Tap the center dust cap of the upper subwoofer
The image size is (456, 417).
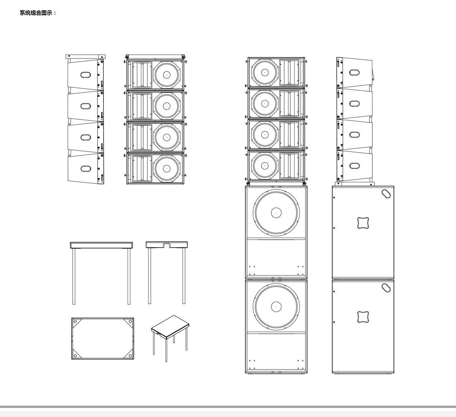click(x=276, y=213)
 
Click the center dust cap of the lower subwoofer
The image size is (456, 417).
click(x=276, y=307)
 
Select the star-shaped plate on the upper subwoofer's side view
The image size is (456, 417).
click(x=363, y=223)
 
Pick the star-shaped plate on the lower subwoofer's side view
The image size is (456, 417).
click(x=363, y=317)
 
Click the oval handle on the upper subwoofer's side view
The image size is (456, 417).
click(x=386, y=194)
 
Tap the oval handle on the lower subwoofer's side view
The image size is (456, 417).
click(x=386, y=288)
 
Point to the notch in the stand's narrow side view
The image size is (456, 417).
click(x=167, y=246)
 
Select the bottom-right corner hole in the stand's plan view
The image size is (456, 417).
click(x=130, y=355)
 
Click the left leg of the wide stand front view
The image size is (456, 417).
click(x=74, y=276)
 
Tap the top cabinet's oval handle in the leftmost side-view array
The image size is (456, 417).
click(x=85, y=75)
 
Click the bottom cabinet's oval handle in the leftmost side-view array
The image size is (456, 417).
click(x=85, y=169)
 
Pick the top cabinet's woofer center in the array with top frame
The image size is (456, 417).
click(x=166, y=74)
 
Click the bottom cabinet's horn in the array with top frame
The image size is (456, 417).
click(x=142, y=169)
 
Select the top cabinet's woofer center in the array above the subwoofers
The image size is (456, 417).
click(x=265, y=73)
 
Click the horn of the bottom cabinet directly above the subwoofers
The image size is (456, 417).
click(x=290, y=166)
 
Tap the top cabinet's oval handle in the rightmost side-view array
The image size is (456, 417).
click(x=355, y=73)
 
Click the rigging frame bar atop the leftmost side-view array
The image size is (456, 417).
click(x=85, y=56)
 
